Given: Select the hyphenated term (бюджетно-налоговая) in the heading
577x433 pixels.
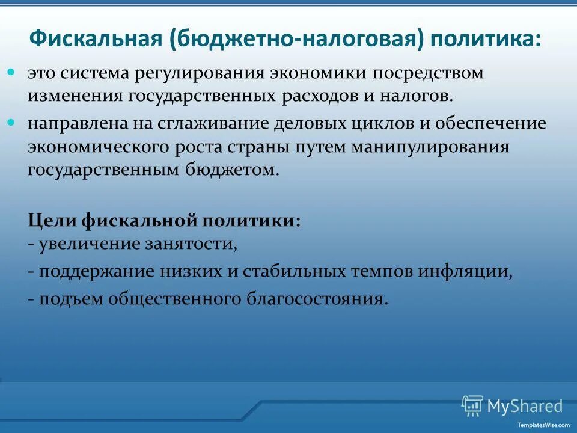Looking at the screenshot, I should tap(293, 40).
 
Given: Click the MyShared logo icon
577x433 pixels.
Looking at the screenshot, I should tap(472, 405).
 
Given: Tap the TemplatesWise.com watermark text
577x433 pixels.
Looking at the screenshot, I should tap(543, 424).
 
